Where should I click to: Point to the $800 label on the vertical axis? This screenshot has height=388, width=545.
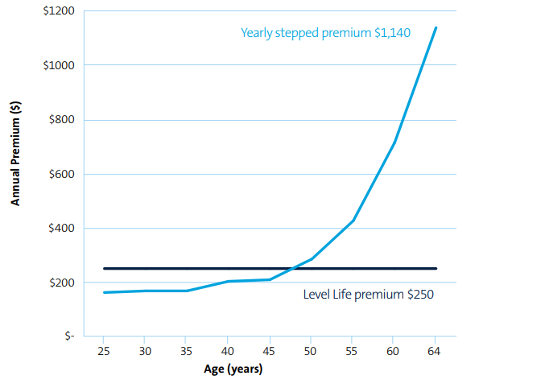pyautogui.click(x=61, y=120)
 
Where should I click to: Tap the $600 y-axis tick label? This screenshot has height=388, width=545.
pyautogui.click(x=61, y=175)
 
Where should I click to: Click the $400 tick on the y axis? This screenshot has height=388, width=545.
pyautogui.click(x=61, y=229)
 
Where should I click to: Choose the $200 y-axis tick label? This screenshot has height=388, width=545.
pyautogui.click(x=61, y=283)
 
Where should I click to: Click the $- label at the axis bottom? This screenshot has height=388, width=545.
pyautogui.click(x=69, y=337)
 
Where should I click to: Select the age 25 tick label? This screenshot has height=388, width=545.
pyautogui.click(x=103, y=352)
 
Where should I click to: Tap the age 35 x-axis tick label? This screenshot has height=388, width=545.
pyautogui.click(x=186, y=352)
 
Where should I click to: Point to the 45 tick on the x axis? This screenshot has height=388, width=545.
pyautogui.click(x=269, y=352)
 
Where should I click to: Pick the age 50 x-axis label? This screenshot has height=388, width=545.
pyautogui.click(x=311, y=352)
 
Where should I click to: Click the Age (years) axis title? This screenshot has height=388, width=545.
pyautogui.click(x=232, y=370)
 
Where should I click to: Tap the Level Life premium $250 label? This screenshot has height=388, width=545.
pyautogui.click(x=368, y=295)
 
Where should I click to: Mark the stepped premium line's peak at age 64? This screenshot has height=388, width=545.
pyautogui.click(x=436, y=27)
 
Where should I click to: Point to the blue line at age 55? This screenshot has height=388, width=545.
pyautogui.click(x=353, y=221)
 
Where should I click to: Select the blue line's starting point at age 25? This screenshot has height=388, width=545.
pyautogui.click(x=104, y=292)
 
